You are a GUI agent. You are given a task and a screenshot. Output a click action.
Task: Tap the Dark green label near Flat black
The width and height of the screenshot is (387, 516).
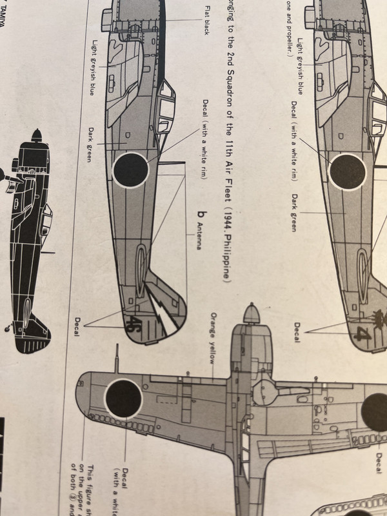(89, 144)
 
